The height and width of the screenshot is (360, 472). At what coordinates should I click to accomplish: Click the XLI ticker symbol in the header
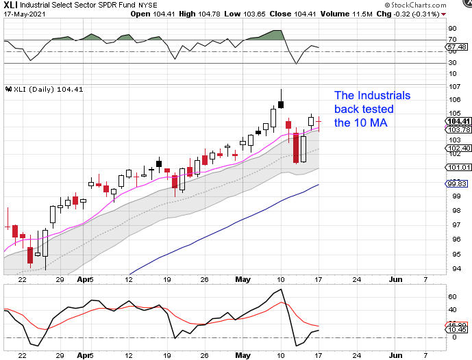10,5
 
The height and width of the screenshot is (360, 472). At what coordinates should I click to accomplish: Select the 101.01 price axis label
456,167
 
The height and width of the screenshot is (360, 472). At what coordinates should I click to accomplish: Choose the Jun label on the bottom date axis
396,280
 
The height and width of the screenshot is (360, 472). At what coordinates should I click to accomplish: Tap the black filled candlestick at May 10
281,104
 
